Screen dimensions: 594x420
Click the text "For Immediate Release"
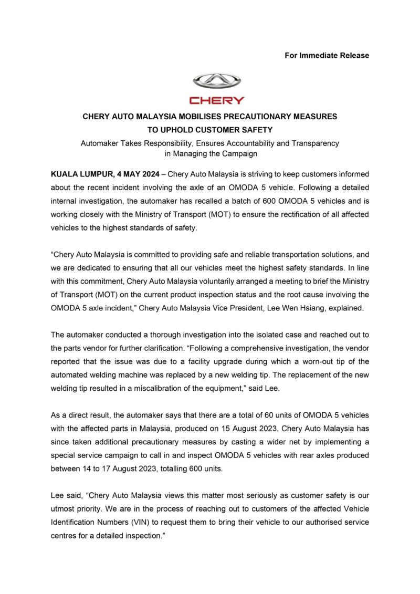(327, 55)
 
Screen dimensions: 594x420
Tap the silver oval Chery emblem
(217, 81)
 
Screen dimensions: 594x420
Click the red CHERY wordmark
(217, 100)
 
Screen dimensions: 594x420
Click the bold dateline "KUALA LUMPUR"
(78, 173)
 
